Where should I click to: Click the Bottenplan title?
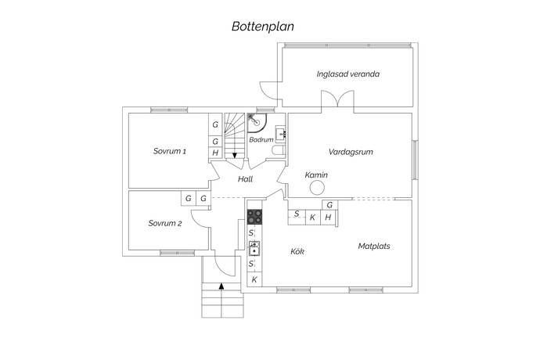(x=262, y=25)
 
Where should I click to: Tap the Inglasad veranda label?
(x=348, y=75)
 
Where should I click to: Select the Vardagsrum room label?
(x=349, y=151)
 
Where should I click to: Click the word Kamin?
(x=315, y=175)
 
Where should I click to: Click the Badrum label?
(x=261, y=139)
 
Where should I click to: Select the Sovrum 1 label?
(x=169, y=151)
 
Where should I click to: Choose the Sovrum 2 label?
(x=164, y=223)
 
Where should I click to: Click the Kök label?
(x=297, y=251)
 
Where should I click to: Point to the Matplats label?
(x=374, y=246)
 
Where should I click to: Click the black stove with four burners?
(x=255, y=215)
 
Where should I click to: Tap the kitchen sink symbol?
(x=254, y=248)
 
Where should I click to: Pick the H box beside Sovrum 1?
(x=215, y=153)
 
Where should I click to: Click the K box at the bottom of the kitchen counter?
(x=254, y=279)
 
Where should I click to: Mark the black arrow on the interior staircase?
(x=234, y=155)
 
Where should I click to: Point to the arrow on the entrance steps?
(x=221, y=286)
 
